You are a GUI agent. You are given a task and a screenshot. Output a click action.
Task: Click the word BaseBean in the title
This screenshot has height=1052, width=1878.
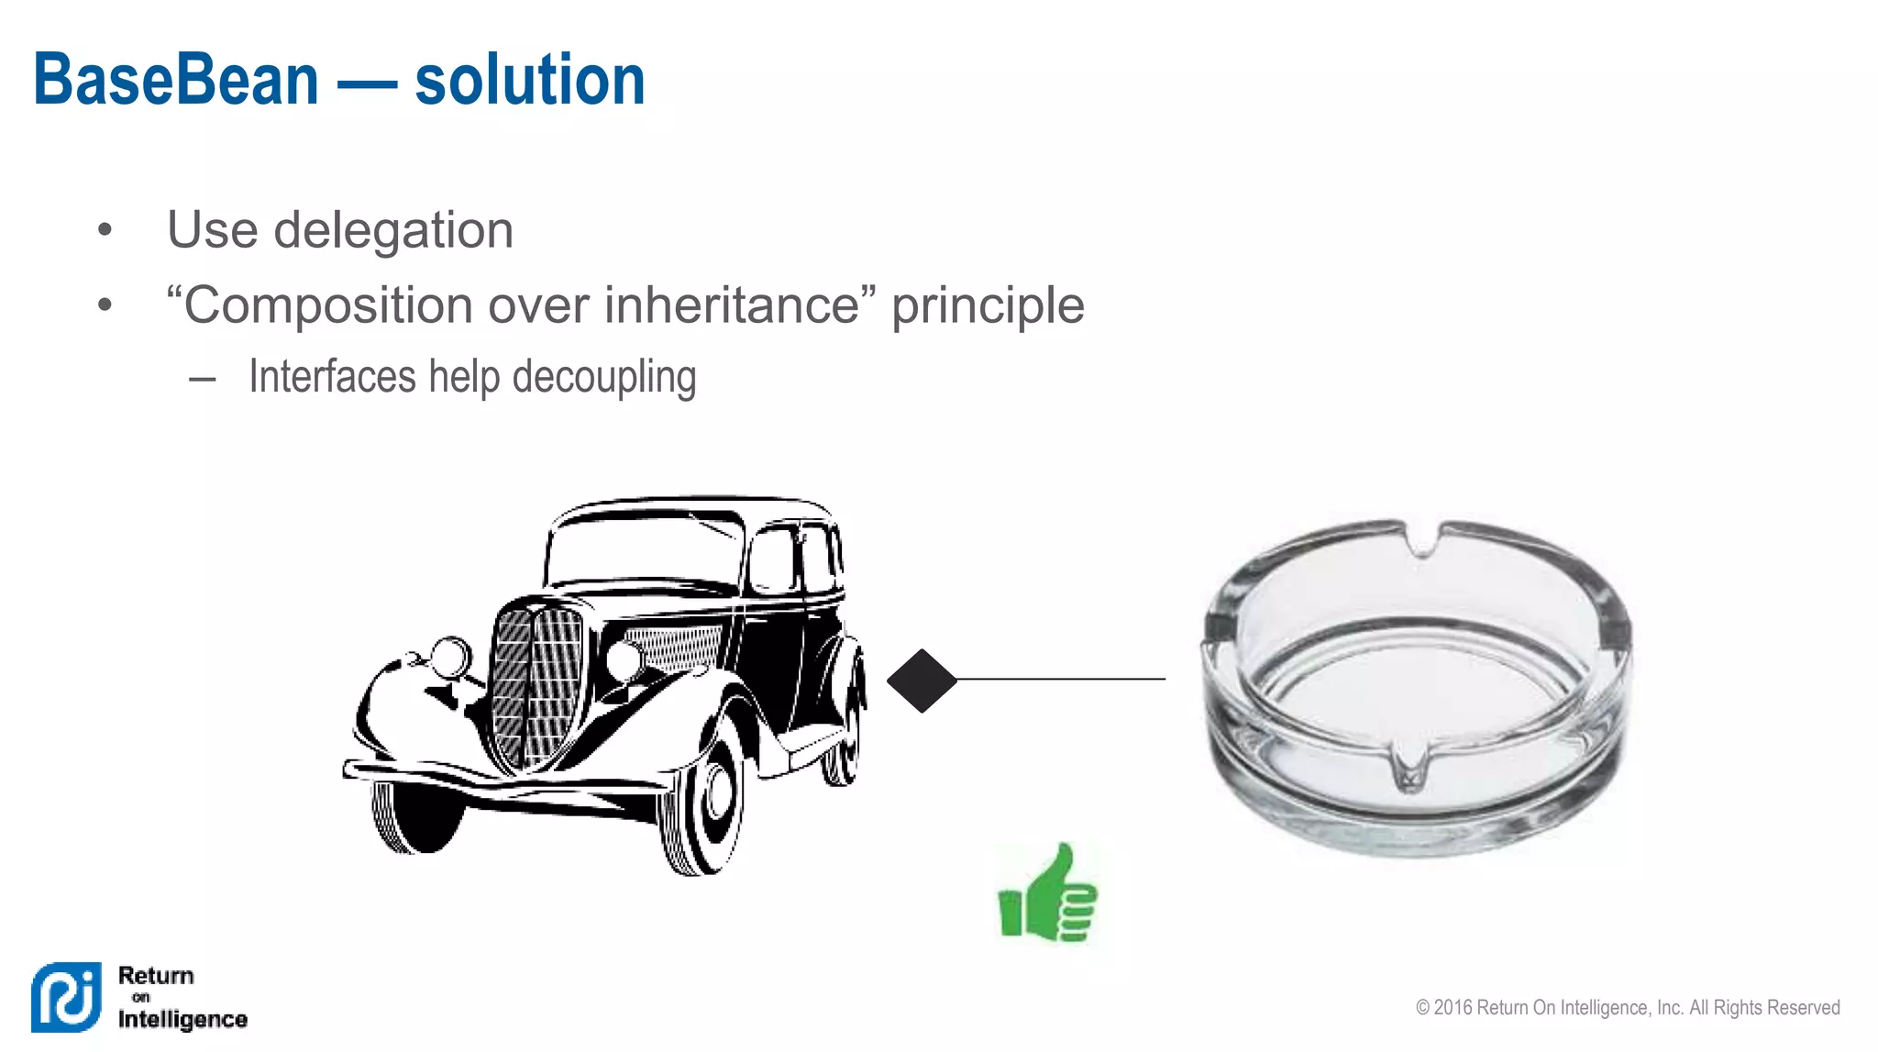pyautogui.click(x=176, y=81)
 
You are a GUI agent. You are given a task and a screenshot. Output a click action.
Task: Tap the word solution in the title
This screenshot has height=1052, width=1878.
pyautogui.click(x=530, y=81)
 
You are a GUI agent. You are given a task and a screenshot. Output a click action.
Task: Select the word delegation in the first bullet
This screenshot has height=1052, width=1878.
pyautogui.click(x=393, y=229)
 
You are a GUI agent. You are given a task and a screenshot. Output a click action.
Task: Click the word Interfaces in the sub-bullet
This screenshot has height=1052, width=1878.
pyautogui.click(x=332, y=377)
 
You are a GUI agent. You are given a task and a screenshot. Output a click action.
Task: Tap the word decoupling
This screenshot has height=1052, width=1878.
pyautogui.click(x=604, y=378)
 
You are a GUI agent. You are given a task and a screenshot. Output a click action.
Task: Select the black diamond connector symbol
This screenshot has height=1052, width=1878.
pyautogui.click(x=922, y=681)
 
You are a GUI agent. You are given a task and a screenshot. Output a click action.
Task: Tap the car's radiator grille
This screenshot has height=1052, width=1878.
pyautogui.click(x=536, y=683)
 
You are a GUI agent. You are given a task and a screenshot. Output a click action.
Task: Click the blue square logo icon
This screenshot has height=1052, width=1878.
pyautogui.click(x=66, y=997)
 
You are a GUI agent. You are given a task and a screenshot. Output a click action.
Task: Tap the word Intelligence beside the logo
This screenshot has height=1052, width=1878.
pyautogui.click(x=182, y=1019)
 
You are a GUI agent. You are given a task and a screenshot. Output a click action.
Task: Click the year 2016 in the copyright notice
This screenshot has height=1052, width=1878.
pyautogui.click(x=1453, y=1008)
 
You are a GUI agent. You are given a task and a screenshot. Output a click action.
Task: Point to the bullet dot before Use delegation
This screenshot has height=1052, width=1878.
pyautogui.click(x=105, y=229)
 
